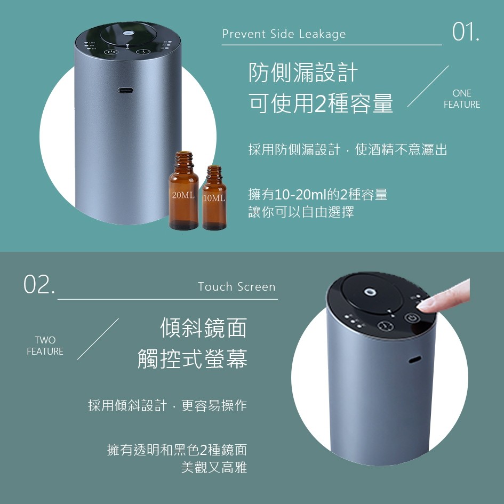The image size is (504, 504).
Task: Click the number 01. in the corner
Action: (x=466, y=32)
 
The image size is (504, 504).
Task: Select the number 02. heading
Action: (x=39, y=284)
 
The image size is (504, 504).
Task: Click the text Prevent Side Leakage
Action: (x=284, y=34)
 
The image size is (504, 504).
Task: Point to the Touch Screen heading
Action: (x=237, y=287)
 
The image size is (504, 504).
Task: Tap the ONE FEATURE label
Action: (x=462, y=99)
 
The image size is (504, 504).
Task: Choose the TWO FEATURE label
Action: (x=45, y=346)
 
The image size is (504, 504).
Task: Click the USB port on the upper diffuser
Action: (x=126, y=90)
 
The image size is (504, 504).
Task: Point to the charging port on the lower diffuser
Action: (x=414, y=359)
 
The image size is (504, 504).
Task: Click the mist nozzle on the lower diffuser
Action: (x=369, y=292)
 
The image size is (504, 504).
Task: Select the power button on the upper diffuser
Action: (x=111, y=52)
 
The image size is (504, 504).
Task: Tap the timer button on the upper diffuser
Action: (x=143, y=52)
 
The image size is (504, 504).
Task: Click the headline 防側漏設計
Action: (x=303, y=73)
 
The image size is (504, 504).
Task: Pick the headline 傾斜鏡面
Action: (x=203, y=328)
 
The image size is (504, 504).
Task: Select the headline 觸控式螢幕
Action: (x=192, y=358)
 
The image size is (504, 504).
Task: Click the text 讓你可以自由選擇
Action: (x=301, y=212)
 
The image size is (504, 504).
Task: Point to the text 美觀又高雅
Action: (x=214, y=467)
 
